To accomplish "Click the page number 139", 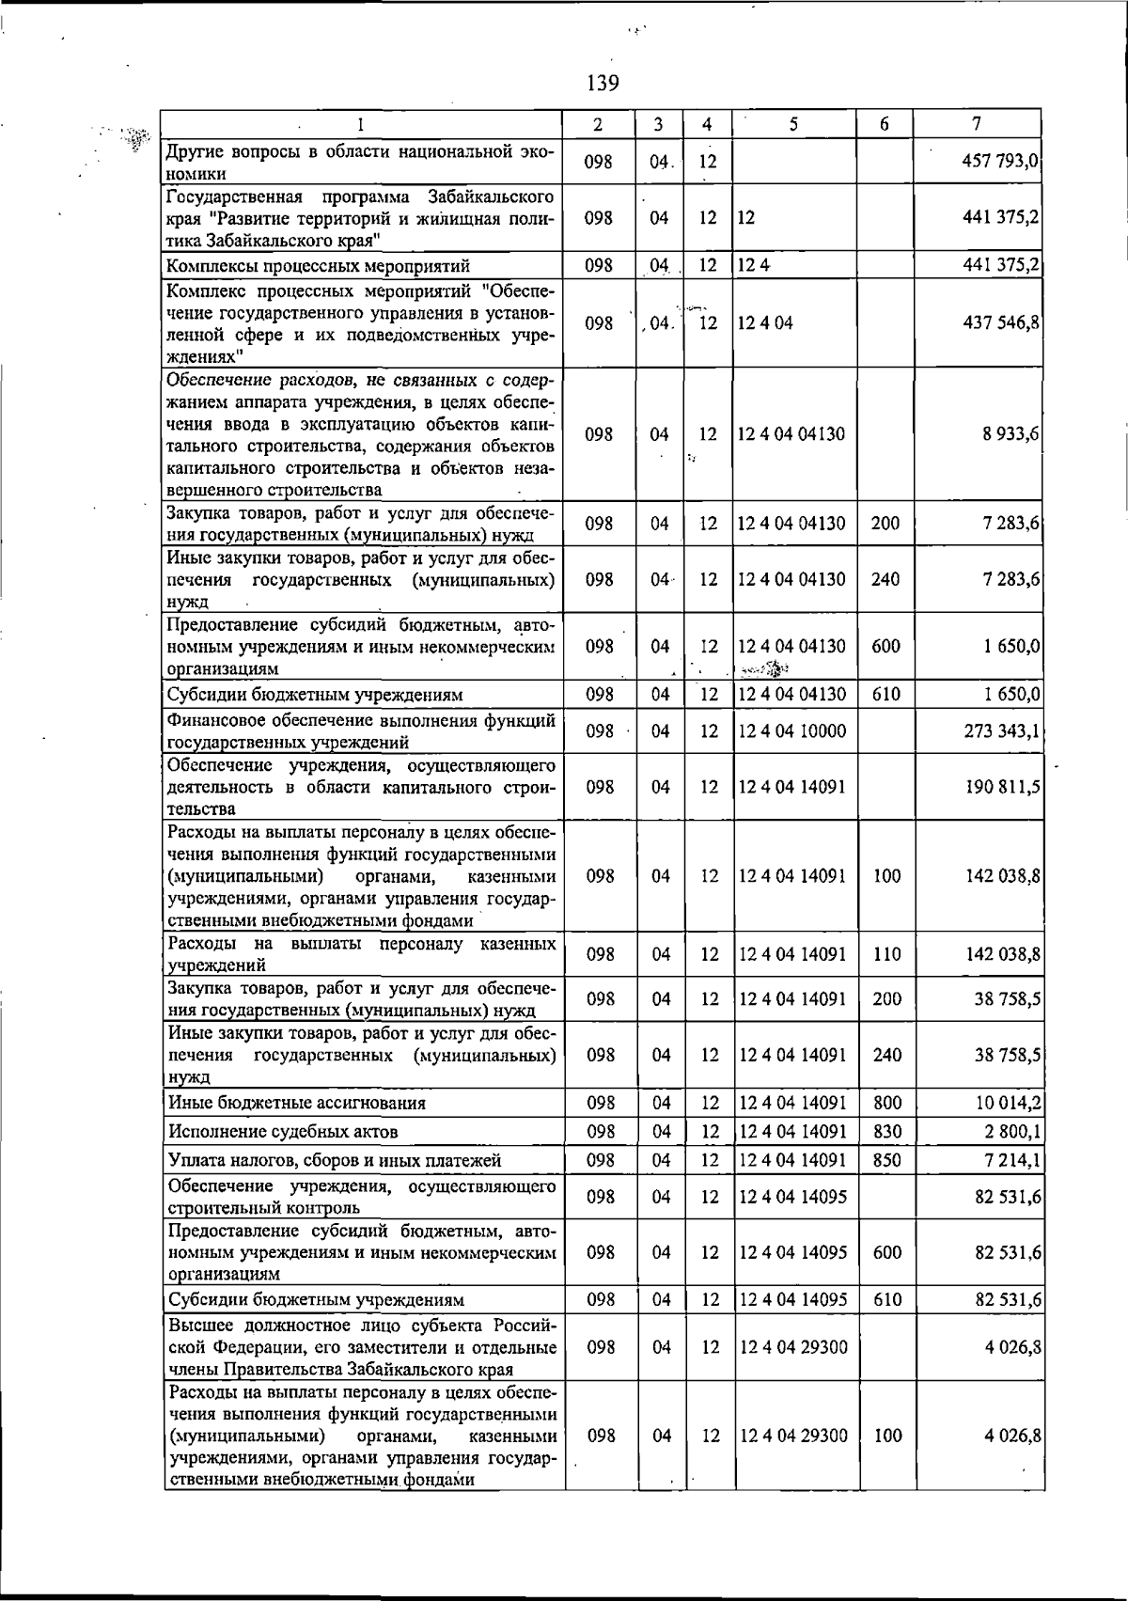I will (x=603, y=84).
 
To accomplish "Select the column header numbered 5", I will (x=793, y=123).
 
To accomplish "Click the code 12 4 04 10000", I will (x=791, y=730).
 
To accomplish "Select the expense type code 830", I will (x=886, y=1131).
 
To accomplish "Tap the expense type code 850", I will (x=886, y=1161).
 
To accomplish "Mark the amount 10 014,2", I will (x=1007, y=1103).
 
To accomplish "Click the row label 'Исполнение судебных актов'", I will (x=282, y=1131).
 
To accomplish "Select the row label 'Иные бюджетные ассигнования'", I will (x=296, y=1103).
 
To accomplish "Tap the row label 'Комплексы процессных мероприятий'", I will (x=318, y=266).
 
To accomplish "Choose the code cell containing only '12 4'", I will (x=753, y=266).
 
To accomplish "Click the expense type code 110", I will (x=886, y=954).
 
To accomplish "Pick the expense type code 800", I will (x=886, y=1103).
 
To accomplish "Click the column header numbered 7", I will (x=978, y=123).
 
